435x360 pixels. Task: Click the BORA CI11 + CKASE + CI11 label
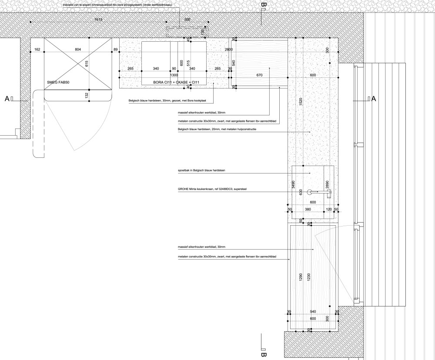pyautogui.click(x=176, y=82)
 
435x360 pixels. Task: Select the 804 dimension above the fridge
pyautogui.click(x=78, y=50)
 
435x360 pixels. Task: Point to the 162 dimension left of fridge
pyautogui.click(x=37, y=50)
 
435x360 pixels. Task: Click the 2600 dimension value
pyautogui.click(x=228, y=50)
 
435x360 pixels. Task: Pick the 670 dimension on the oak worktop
pyautogui.click(x=260, y=75)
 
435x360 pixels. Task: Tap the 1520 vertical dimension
pyautogui.click(x=300, y=102)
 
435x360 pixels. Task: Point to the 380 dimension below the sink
pyautogui.click(x=308, y=209)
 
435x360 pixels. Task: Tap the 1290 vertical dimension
pyautogui.click(x=300, y=277)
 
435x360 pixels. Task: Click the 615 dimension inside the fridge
pyautogui.click(x=87, y=64)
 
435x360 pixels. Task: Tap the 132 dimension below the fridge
pyautogui.click(x=87, y=94)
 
